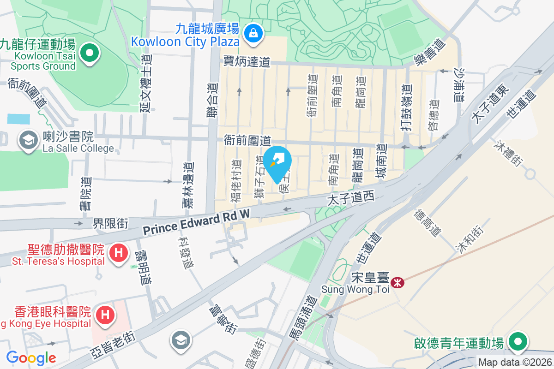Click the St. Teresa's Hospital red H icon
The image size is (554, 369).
coord(119,253)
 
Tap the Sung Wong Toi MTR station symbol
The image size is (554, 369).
coord(396,282)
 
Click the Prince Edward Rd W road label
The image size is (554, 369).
coord(196,223)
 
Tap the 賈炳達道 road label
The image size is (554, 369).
coord(247,62)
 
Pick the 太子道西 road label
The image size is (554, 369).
coord(350,199)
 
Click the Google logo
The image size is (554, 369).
coord(31,357)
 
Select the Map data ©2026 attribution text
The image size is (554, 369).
coord(515,363)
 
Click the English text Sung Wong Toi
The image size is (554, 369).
coord(355,289)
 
